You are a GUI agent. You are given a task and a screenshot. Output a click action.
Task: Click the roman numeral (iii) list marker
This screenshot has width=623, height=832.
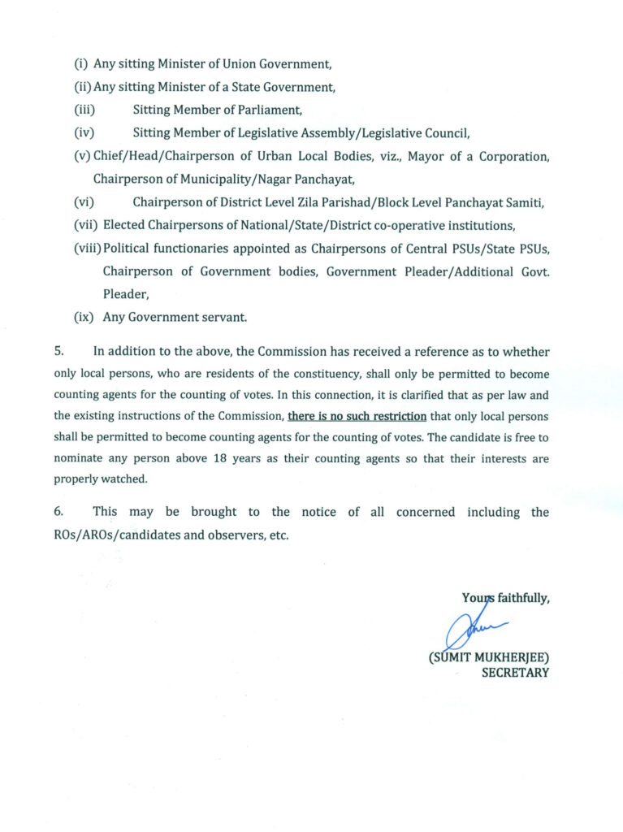84,110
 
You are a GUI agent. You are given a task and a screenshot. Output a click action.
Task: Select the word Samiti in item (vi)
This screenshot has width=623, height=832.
524,203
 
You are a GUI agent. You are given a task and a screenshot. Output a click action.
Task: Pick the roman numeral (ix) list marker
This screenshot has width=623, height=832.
84,318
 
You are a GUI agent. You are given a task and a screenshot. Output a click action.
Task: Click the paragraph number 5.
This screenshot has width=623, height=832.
58,353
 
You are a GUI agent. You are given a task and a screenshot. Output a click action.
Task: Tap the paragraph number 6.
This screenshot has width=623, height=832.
58,512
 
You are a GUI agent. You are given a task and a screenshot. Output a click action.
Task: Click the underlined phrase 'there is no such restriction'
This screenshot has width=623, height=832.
357,416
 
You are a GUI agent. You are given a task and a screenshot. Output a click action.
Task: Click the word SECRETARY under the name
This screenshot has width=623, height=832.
515,673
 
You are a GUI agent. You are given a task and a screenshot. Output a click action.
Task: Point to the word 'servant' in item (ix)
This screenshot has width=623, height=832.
223,318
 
